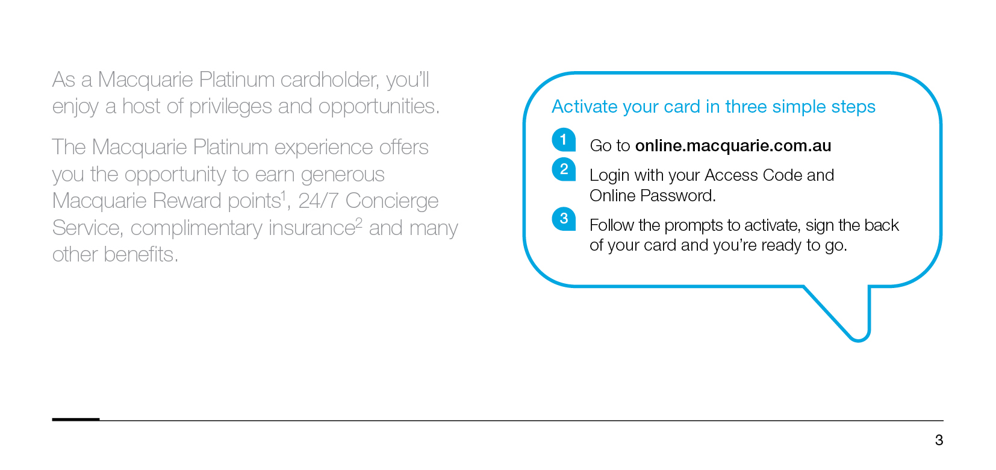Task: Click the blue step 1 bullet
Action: [x=564, y=140]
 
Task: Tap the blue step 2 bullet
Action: [x=564, y=169]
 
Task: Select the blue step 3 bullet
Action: [x=564, y=219]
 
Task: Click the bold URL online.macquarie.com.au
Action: [x=733, y=146]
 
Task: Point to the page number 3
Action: [x=939, y=440]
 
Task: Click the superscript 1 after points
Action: [x=283, y=195]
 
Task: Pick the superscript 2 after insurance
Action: [x=359, y=222]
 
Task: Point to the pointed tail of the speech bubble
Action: [x=859, y=340]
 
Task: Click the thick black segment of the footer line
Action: [x=76, y=419]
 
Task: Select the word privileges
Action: [x=230, y=107]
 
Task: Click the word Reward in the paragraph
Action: [x=186, y=201]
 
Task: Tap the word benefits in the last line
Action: [x=141, y=254]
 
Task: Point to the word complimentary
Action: [x=196, y=228]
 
